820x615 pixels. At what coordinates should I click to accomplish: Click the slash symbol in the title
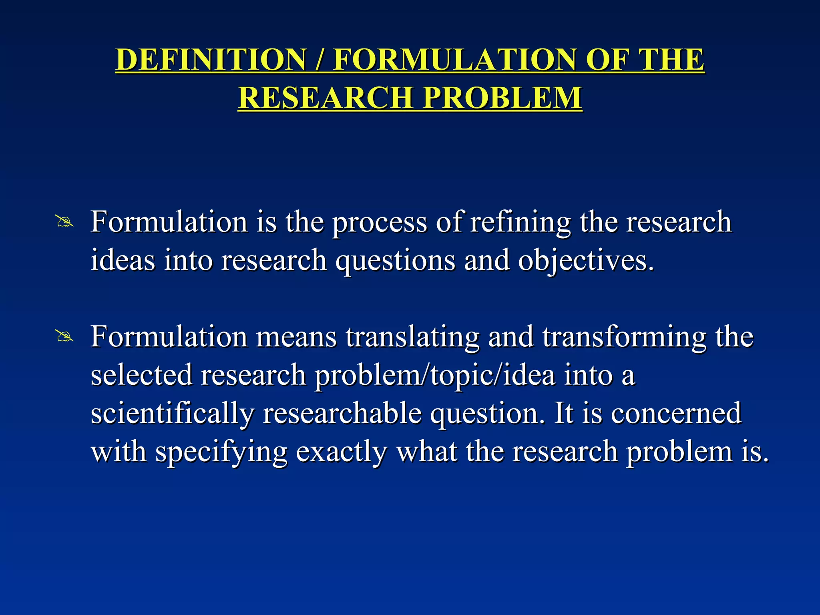coord(320,60)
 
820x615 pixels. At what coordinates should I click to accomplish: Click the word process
coord(380,223)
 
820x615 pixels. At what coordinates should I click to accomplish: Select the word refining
coord(520,223)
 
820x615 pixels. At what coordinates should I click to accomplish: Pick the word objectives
coord(586,261)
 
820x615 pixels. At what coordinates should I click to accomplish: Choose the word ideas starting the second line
coord(123,260)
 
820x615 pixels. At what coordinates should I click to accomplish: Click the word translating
coord(412,338)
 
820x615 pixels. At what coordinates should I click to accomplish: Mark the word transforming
coord(624,338)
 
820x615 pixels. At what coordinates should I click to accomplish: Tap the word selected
coord(141,375)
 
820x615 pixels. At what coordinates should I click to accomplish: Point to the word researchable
coord(342,413)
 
